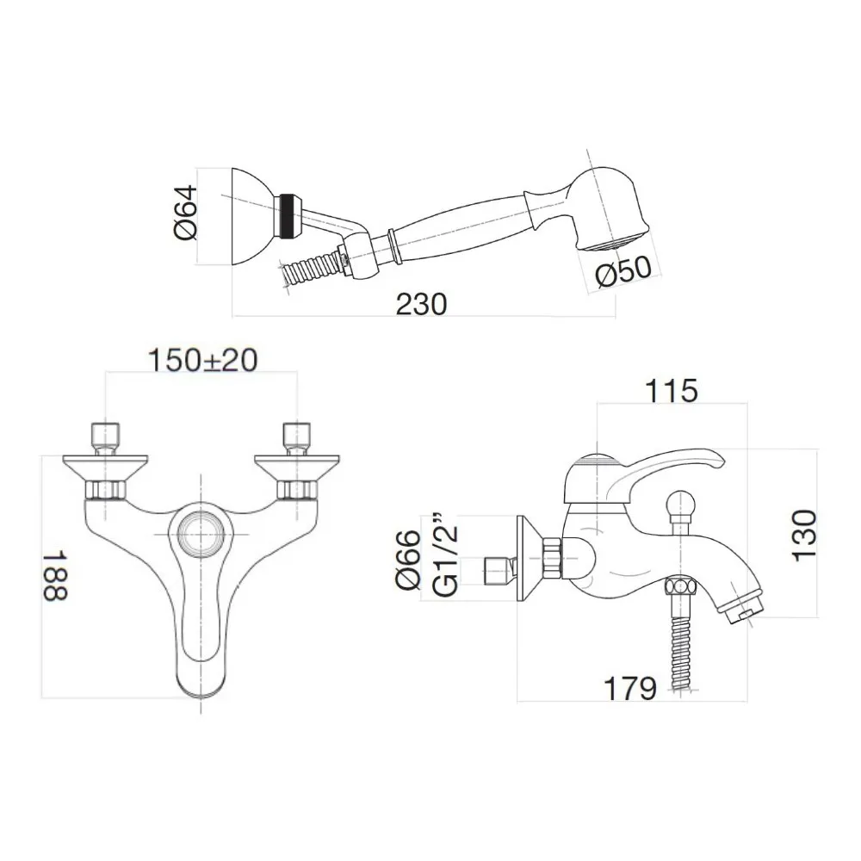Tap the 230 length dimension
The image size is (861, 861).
pos(421,303)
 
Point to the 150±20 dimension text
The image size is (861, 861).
pos(202,360)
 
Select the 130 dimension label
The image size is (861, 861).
pos(802,535)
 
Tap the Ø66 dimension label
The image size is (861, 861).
pos(408,559)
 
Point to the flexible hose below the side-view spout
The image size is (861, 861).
pos(680,646)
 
